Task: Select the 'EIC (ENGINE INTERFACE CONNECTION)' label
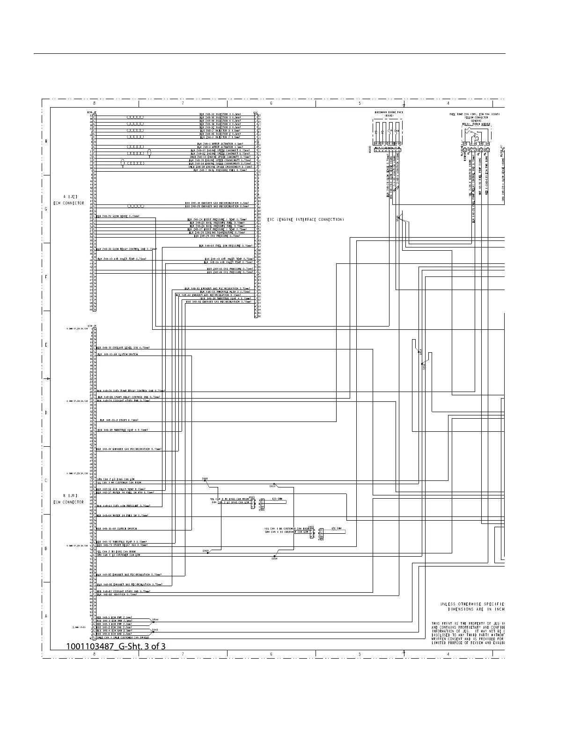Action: [x=306, y=219]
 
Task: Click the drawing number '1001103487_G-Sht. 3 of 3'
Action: [x=116, y=647]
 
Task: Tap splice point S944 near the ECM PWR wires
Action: [x=155, y=620]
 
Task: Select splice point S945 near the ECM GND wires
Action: [x=155, y=630]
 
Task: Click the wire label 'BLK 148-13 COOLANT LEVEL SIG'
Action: [x=123, y=348]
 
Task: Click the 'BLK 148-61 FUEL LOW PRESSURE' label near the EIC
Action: [x=226, y=246]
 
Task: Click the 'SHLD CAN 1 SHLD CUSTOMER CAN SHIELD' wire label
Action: [x=122, y=638]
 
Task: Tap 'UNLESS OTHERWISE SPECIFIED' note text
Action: [x=472, y=604]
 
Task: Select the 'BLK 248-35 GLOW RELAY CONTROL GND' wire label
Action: [x=126, y=250]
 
